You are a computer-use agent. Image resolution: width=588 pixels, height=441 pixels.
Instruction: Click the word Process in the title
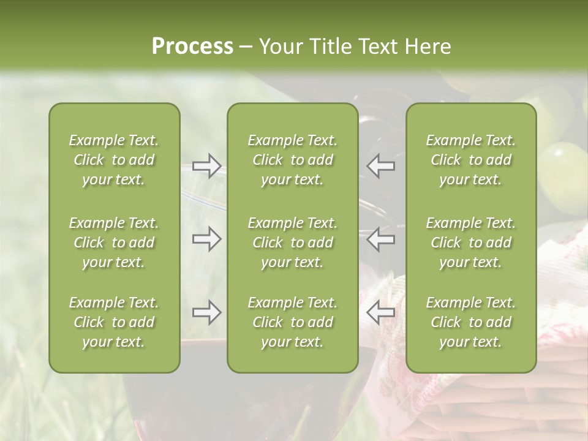coord(192,47)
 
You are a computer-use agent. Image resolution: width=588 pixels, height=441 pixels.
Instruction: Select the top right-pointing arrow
coord(207,166)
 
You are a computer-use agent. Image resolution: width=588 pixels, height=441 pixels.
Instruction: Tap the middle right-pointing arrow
coord(207,239)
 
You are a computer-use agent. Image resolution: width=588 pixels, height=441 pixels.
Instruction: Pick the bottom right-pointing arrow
coord(207,312)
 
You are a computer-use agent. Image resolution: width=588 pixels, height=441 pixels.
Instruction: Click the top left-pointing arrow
coord(381,166)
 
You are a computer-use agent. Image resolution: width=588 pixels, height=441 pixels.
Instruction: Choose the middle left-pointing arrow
coord(381,239)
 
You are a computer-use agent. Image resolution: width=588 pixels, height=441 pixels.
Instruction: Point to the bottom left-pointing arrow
coord(381,312)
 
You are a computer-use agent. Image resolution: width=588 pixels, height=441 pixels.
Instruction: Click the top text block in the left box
coord(114,160)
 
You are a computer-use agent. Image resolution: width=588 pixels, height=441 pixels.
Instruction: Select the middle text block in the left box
coord(114,243)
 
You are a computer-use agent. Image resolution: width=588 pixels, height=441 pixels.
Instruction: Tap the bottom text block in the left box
coord(114,322)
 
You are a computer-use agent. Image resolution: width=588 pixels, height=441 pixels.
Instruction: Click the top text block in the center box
coord(292,160)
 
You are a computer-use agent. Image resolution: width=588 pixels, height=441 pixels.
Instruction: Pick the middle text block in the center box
coord(292,243)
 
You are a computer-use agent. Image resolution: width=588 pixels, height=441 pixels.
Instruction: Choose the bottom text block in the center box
coord(292,322)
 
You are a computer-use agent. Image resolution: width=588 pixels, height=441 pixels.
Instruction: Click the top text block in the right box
coord(470,160)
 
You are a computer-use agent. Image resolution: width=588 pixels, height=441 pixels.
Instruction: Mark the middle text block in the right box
coord(470,243)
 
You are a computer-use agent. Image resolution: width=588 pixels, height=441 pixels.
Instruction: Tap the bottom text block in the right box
coord(470,322)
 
